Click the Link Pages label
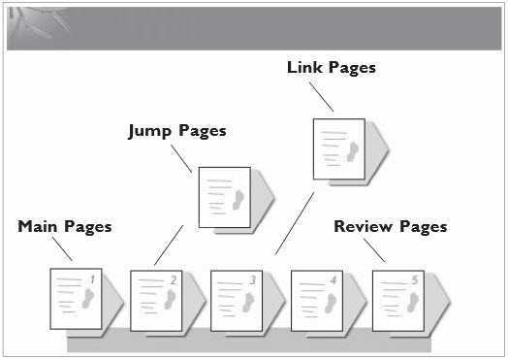331,68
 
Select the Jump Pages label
177,130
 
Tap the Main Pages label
65,226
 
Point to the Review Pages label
390,226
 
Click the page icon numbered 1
76,296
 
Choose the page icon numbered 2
156,296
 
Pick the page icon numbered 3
237,296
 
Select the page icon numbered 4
317,296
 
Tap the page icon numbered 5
397,296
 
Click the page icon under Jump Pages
224,196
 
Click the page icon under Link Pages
338,148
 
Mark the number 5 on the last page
414,280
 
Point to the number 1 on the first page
91,280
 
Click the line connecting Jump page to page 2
168,245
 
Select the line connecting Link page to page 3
293,222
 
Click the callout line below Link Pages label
323,96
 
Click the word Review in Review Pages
362,226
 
